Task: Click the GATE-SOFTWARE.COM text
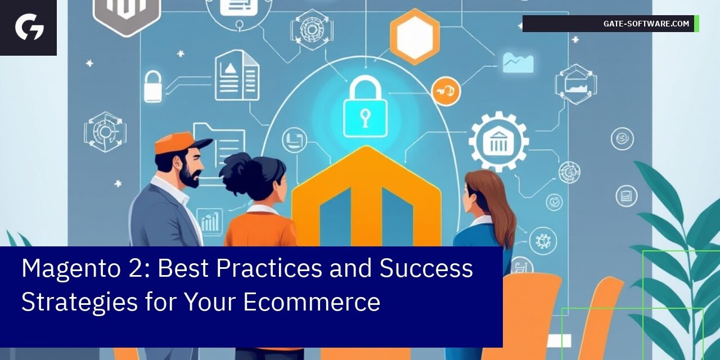click(646, 24)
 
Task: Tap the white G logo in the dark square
click(29, 27)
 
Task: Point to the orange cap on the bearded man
click(179, 143)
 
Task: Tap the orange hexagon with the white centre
click(415, 37)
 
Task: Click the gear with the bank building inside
click(498, 141)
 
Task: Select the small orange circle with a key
click(445, 91)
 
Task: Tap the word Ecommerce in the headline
click(312, 301)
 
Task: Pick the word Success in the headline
click(426, 269)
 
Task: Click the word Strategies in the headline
click(79, 301)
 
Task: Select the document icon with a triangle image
click(237, 75)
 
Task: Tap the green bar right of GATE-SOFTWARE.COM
click(696, 24)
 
